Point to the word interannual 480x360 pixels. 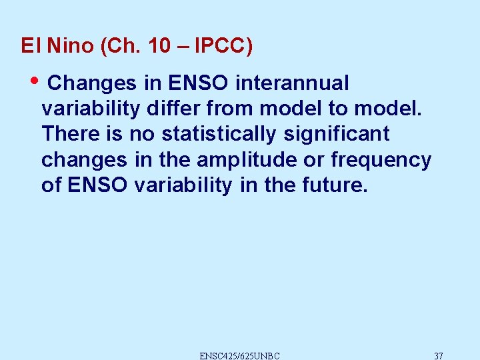[293, 83]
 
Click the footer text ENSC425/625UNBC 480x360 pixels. [239, 355]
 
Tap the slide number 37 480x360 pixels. [438, 355]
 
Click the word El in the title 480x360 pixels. [28, 46]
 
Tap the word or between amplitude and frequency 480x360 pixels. [316, 160]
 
